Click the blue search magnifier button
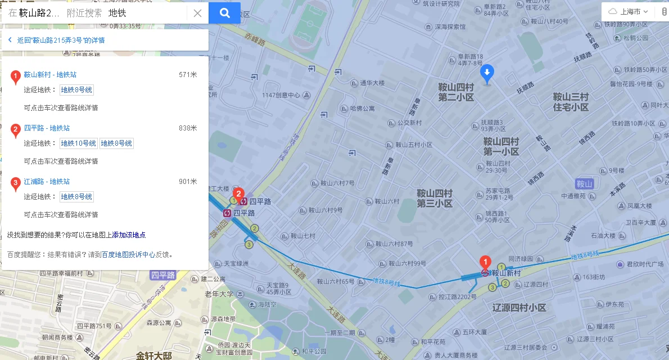tap(224, 13)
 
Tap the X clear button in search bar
tap(197, 13)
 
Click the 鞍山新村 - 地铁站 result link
tap(50, 74)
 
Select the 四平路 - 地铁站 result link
tap(47, 128)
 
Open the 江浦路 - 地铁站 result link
tap(47, 181)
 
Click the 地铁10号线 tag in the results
tap(79, 143)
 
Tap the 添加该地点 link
tap(129, 235)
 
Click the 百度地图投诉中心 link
tap(128, 254)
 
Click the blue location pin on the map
tap(487, 73)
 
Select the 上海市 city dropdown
tap(629, 11)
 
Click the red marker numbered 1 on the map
tap(484, 262)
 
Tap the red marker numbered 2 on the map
tap(238, 195)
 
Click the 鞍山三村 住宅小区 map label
tap(571, 101)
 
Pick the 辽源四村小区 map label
tap(519, 308)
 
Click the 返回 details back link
tap(56, 40)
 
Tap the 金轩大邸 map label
tap(153, 355)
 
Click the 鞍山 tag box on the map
tap(585, 184)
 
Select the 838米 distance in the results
tap(188, 128)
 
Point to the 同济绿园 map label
tap(521, 259)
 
